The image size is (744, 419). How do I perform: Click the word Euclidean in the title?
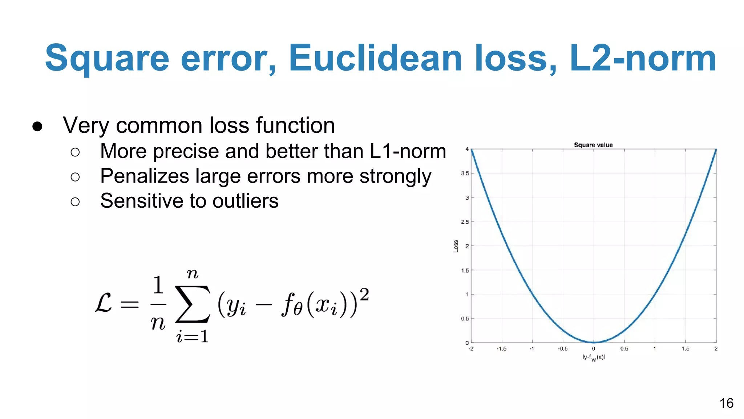tap(375, 58)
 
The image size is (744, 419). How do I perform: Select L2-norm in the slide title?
tap(642, 58)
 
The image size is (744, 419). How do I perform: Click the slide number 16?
tap(726, 403)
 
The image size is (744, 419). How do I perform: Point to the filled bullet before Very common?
tap(37, 126)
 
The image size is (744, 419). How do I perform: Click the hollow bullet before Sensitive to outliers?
tap(75, 201)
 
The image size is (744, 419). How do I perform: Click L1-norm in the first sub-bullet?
tap(408, 151)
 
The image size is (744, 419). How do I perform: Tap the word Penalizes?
tap(145, 176)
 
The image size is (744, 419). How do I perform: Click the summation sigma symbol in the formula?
tap(193, 304)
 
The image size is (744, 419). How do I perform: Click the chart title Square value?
tap(593, 145)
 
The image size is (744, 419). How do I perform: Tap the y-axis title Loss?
tap(456, 246)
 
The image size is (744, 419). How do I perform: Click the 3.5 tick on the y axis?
tap(465, 173)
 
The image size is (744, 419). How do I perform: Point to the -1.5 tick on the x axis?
tap(501, 349)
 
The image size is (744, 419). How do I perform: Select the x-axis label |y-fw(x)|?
tap(594, 358)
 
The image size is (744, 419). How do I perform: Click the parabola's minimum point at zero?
tap(594, 342)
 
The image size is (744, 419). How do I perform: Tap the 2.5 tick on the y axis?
tap(465, 222)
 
